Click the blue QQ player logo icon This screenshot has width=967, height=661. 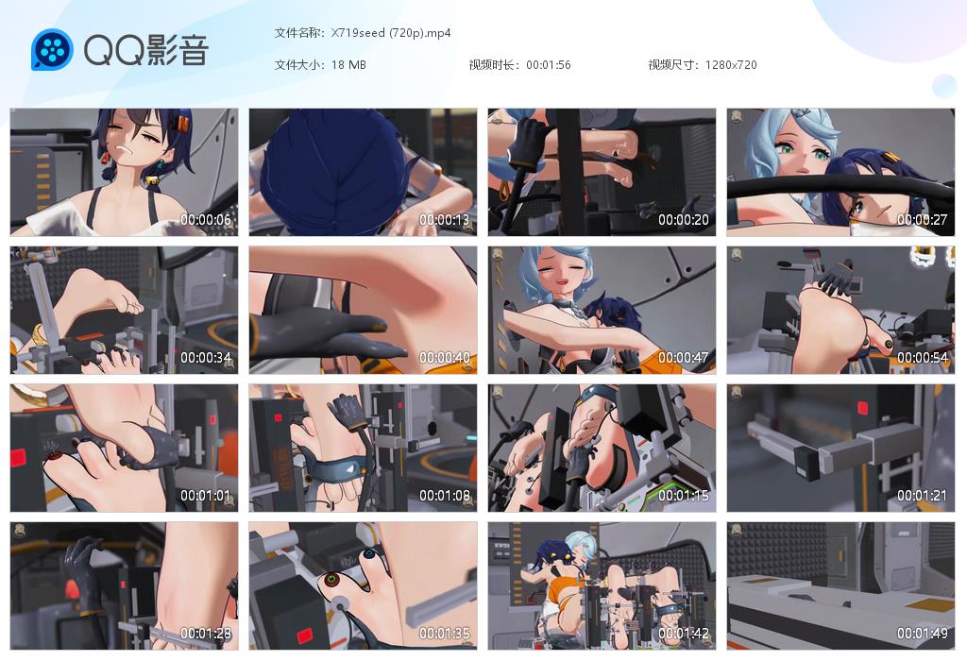pyautogui.click(x=53, y=49)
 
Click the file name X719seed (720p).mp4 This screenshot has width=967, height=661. pyautogui.click(x=391, y=33)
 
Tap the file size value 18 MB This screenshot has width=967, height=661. pyautogui.click(x=348, y=65)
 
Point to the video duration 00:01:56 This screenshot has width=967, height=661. pyautogui.click(x=549, y=65)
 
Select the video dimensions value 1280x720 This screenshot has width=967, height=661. pyautogui.click(x=731, y=65)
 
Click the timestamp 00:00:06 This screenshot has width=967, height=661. pyautogui.click(x=206, y=219)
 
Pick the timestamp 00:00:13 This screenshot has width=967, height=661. pyautogui.click(x=445, y=219)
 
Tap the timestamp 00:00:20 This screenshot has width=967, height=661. pyautogui.click(x=684, y=219)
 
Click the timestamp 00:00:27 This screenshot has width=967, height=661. pyautogui.click(x=922, y=219)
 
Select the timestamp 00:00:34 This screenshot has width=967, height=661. pyautogui.click(x=206, y=358)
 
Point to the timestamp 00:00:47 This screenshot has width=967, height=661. pyautogui.click(x=684, y=358)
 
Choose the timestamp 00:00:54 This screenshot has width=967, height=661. pyautogui.click(x=922, y=358)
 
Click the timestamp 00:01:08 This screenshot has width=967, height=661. pyautogui.click(x=445, y=496)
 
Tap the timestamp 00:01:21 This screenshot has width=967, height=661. pyautogui.click(x=922, y=496)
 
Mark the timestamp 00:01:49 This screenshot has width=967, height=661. pyautogui.click(x=922, y=634)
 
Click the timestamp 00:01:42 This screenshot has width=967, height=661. pyautogui.click(x=684, y=634)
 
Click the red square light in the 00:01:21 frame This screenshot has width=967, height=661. pyautogui.click(x=863, y=408)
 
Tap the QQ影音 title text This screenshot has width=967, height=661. pyautogui.click(x=146, y=49)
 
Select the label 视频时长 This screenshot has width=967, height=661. pyautogui.click(x=492, y=65)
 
